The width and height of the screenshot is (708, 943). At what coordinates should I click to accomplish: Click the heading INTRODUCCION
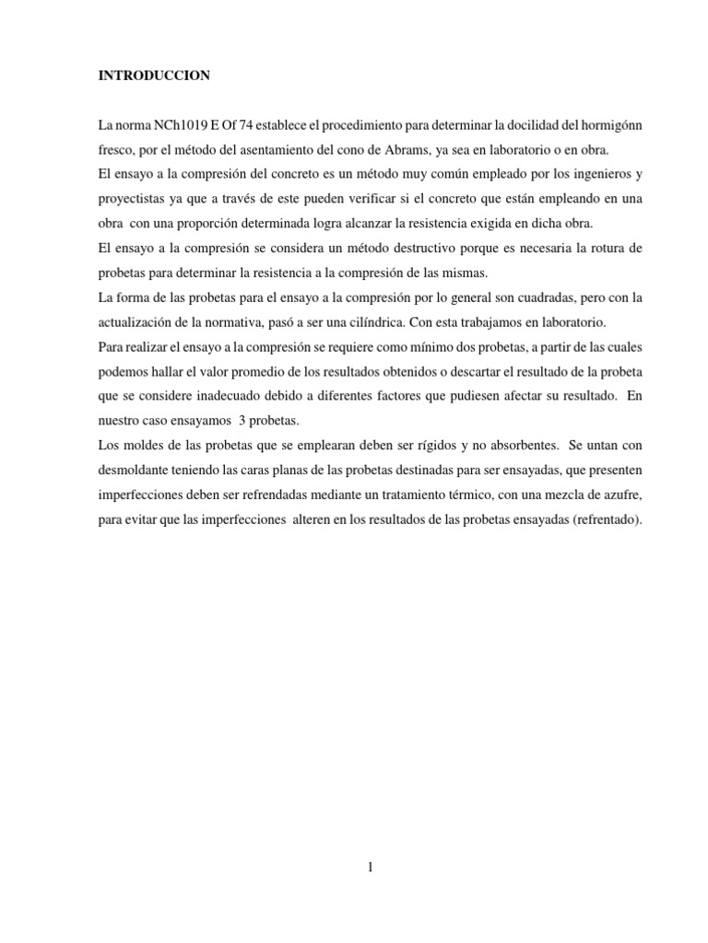[155, 76]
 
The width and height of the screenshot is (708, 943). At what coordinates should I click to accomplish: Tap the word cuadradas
[522, 298]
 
